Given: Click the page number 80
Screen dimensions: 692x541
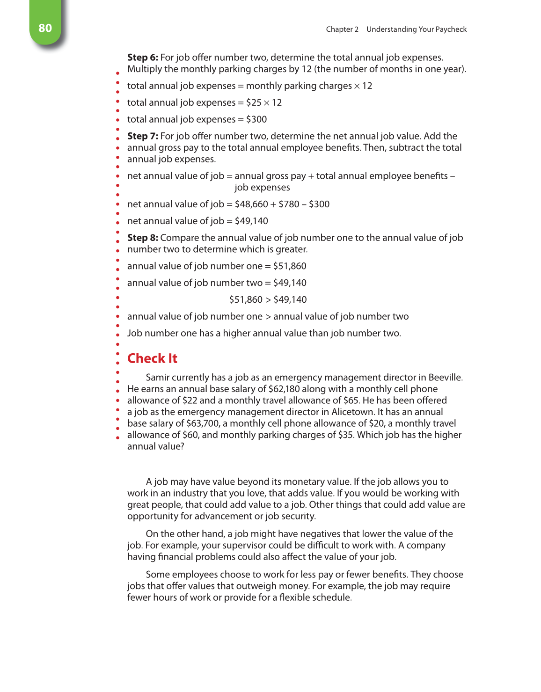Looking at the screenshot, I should [45, 28].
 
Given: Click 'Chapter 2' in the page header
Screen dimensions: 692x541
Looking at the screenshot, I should [342, 29].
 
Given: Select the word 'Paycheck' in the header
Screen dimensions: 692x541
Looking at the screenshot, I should [451, 29].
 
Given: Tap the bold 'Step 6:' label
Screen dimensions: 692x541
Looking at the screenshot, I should [143, 58].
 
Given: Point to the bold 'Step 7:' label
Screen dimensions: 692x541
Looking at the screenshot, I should [143, 136].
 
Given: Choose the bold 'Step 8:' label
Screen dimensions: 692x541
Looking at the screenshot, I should [143, 238].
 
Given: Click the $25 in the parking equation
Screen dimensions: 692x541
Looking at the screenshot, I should [254, 102].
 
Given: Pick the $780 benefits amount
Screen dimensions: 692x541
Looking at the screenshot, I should [289, 204].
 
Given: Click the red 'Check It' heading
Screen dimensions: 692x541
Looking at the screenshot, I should [152, 358].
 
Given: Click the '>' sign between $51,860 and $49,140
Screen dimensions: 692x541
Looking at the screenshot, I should [268, 300].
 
